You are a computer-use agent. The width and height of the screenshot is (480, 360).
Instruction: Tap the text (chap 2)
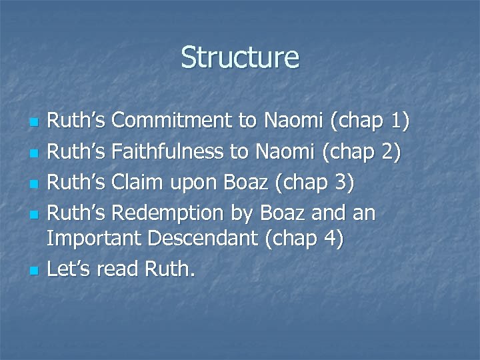[361, 153]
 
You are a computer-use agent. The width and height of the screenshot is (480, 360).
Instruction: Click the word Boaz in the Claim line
[246, 183]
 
